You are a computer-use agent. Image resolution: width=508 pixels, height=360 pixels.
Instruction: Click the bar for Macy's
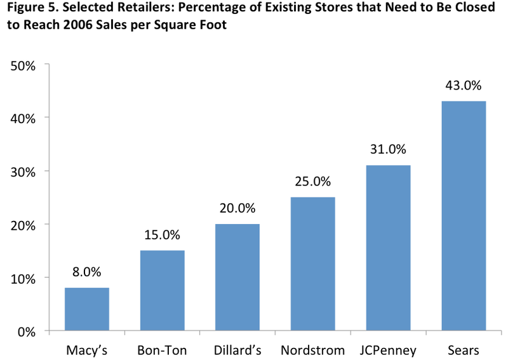tap(87, 309)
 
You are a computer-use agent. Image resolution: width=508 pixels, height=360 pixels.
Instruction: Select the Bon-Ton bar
tap(163, 291)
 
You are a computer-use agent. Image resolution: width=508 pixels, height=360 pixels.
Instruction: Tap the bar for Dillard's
tap(237, 277)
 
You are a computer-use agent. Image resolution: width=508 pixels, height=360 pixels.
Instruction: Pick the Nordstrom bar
tap(313, 264)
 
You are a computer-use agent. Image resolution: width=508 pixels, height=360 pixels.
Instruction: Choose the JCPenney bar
tap(388, 248)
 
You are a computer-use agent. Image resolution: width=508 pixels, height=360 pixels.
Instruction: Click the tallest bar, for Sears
tap(464, 216)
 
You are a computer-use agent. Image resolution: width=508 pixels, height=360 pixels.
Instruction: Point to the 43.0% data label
tap(464, 85)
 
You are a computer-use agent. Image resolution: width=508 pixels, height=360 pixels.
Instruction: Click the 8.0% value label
tap(87, 272)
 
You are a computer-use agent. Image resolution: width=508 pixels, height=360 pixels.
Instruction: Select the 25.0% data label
tap(313, 181)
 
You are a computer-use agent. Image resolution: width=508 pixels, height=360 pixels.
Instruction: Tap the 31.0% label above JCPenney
tap(388, 149)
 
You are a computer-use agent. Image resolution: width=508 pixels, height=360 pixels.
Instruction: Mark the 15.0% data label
tap(163, 234)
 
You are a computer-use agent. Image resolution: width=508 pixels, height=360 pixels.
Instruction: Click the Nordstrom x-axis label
tap(313, 350)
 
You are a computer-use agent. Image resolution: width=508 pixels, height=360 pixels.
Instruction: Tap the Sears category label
tap(464, 350)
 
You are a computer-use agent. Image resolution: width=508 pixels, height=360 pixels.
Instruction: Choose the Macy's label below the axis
tap(87, 350)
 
